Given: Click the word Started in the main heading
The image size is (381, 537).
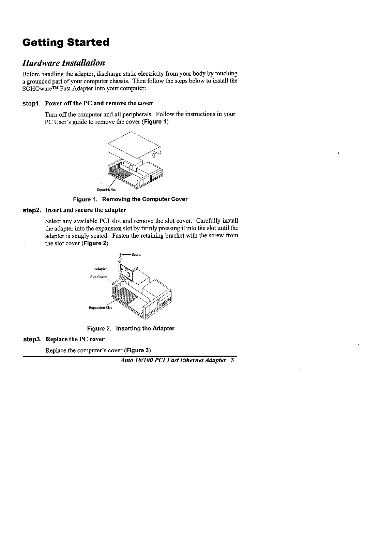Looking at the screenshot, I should [x=88, y=43].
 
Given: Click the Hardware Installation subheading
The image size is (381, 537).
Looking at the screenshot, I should [x=63, y=63].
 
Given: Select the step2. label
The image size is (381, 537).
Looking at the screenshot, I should [x=32, y=210].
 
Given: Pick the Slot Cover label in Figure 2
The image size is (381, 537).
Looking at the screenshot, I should [x=98, y=277].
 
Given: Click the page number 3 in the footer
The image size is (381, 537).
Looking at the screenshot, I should [x=232, y=360].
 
